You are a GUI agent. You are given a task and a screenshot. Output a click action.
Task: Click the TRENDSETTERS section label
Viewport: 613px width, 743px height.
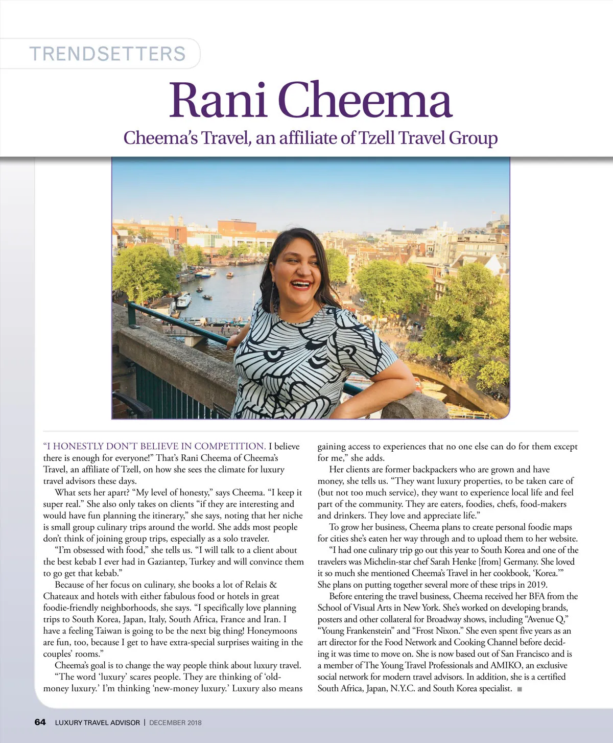click(x=107, y=54)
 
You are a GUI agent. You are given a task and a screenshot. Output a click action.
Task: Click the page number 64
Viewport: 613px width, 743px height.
click(x=40, y=722)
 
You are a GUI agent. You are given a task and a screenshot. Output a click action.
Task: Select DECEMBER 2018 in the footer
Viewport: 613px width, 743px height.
click(x=175, y=723)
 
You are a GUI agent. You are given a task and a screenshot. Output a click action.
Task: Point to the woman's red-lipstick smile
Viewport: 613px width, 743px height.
click(x=301, y=284)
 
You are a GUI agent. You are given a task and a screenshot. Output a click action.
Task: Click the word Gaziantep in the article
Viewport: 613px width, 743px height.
click(x=164, y=562)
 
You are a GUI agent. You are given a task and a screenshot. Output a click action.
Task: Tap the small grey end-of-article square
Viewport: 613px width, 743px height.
click(x=520, y=689)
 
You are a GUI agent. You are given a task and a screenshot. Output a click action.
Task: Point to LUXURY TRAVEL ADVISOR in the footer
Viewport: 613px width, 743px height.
click(x=97, y=723)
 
